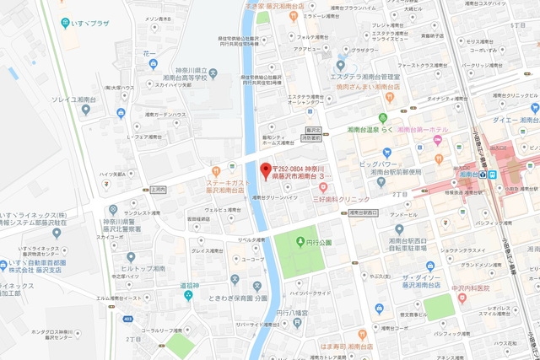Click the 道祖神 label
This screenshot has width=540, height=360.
(186, 285)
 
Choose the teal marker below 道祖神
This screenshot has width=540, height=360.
(188, 296)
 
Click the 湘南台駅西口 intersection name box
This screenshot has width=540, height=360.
(364, 214)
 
